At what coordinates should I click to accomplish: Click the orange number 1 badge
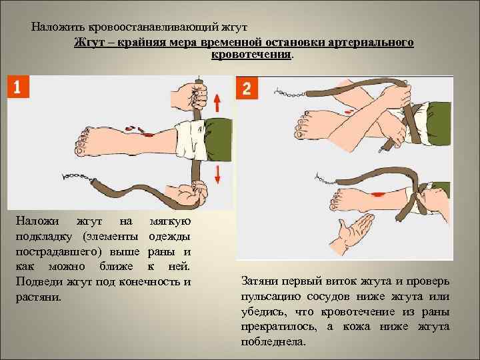pos(18,87)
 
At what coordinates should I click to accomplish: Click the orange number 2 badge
pos(247,88)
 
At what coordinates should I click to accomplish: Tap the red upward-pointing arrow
pos(217,103)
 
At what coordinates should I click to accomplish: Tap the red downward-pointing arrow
pos(217,175)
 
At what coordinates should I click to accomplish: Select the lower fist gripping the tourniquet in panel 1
pos(186,194)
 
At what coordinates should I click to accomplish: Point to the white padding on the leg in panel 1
pos(191,140)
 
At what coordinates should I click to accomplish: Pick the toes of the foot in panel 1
pos(83,143)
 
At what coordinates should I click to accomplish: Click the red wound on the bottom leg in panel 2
pos(377,194)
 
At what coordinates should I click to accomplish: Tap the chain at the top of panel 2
pos(291,93)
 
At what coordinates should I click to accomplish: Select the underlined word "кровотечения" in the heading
pos(251,55)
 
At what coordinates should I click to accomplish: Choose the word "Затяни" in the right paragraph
pos(259,281)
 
